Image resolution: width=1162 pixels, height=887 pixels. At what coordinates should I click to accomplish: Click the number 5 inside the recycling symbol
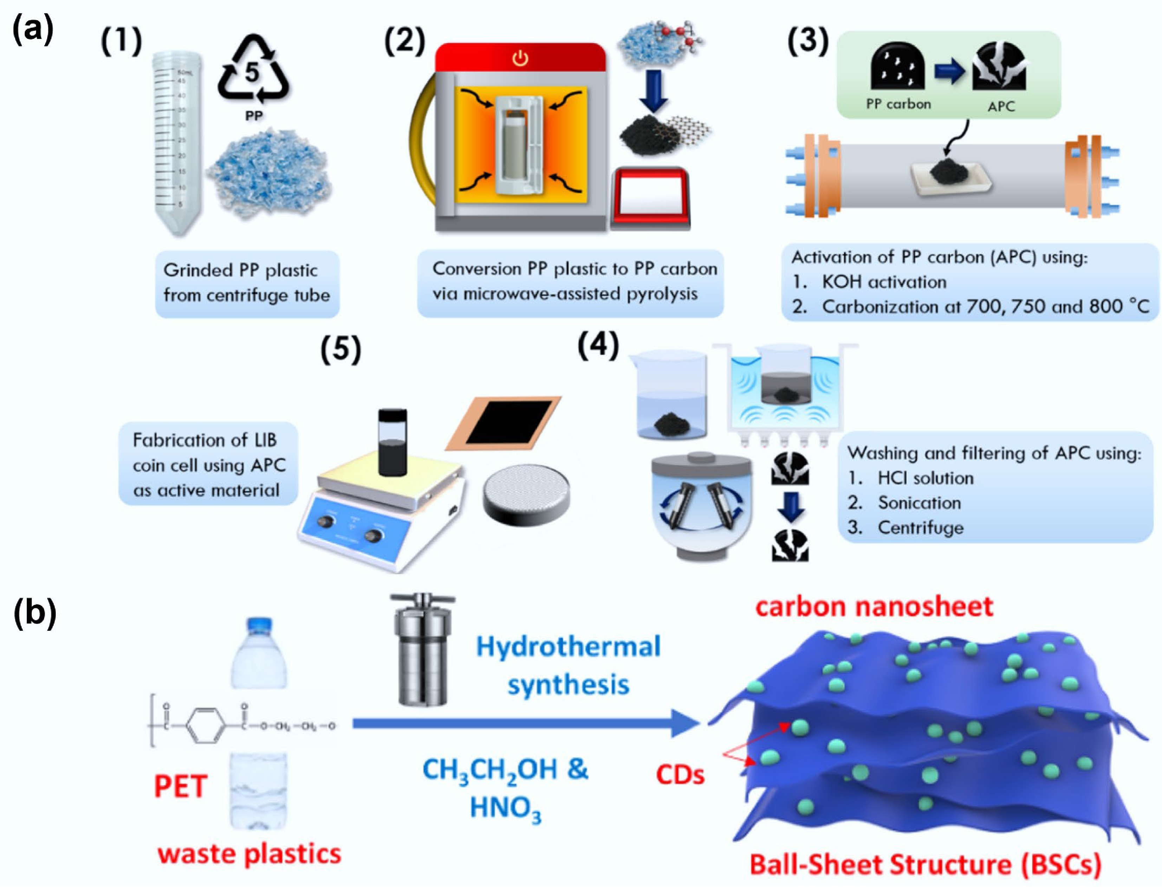252,72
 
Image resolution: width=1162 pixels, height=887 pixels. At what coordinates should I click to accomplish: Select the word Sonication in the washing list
919,503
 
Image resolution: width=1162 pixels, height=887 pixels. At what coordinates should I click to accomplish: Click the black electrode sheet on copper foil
502,422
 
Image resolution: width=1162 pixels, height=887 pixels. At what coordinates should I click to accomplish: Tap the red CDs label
680,775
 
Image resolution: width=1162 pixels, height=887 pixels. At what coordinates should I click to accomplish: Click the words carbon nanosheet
874,607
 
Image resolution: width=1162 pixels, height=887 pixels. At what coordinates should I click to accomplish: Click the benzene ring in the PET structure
205,726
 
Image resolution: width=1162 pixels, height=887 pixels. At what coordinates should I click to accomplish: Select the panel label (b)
34,614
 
